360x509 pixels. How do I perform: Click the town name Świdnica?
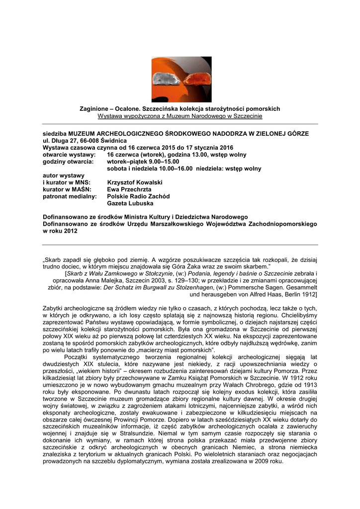point(113,141)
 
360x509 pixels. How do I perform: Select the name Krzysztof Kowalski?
point(135,182)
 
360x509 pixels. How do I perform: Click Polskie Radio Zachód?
point(138,196)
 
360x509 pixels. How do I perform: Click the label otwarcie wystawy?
point(66,155)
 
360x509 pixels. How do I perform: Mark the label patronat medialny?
point(70,196)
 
